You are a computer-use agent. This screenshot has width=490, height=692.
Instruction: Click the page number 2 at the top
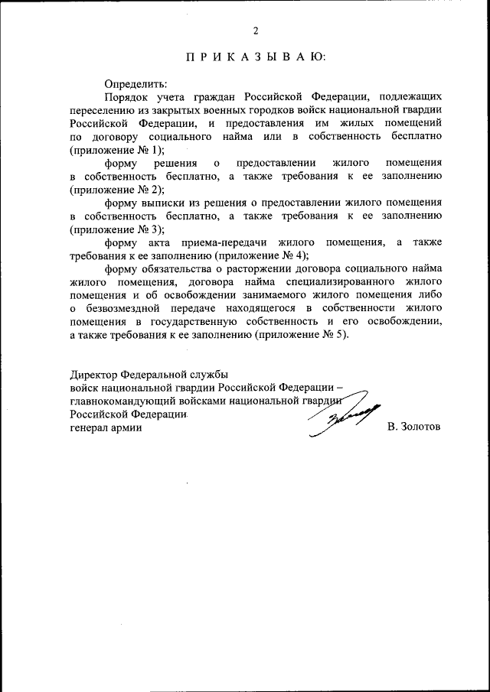(x=256, y=31)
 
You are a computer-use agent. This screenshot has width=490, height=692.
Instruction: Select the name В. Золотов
(x=414, y=427)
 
